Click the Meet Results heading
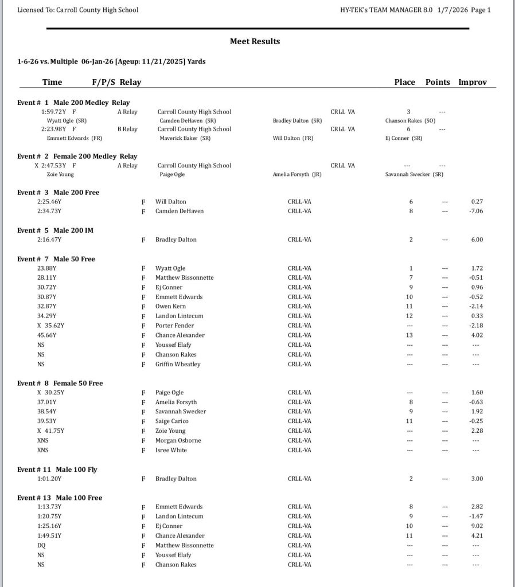[255, 41]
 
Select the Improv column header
[472, 82]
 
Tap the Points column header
[438, 82]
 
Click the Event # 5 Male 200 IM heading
[55, 230]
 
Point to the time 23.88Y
[47, 268]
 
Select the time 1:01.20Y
[49, 479]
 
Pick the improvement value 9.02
[477, 526]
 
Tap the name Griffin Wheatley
[178, 364]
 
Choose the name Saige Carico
[172, 421]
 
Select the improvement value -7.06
[477, 211]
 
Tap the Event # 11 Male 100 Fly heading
[57, 469]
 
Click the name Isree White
[171, 450]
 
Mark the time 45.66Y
[47, 335]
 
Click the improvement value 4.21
[477, 536]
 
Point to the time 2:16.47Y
[49, 240]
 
